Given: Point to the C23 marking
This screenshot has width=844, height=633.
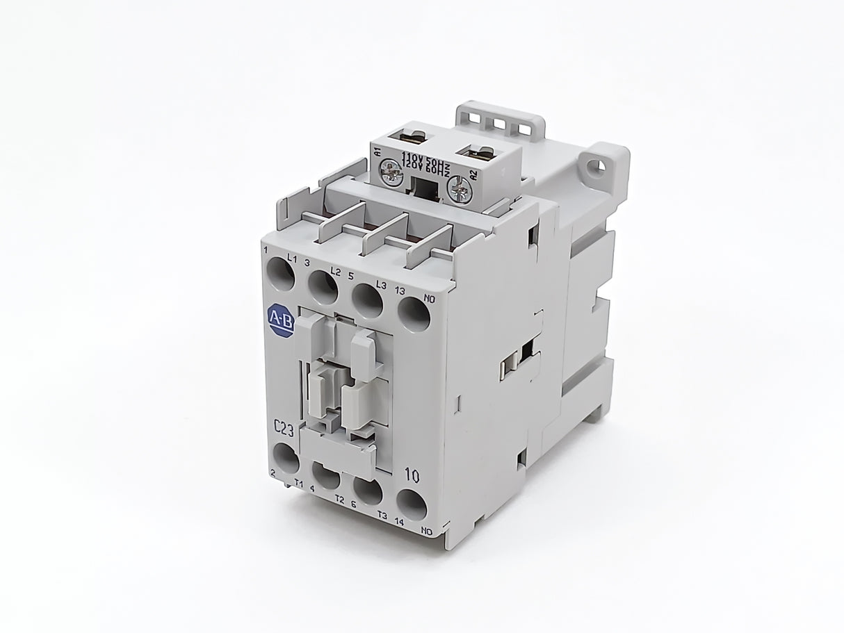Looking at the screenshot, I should (283, 430).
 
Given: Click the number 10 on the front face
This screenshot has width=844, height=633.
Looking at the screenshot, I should (411, 476).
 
